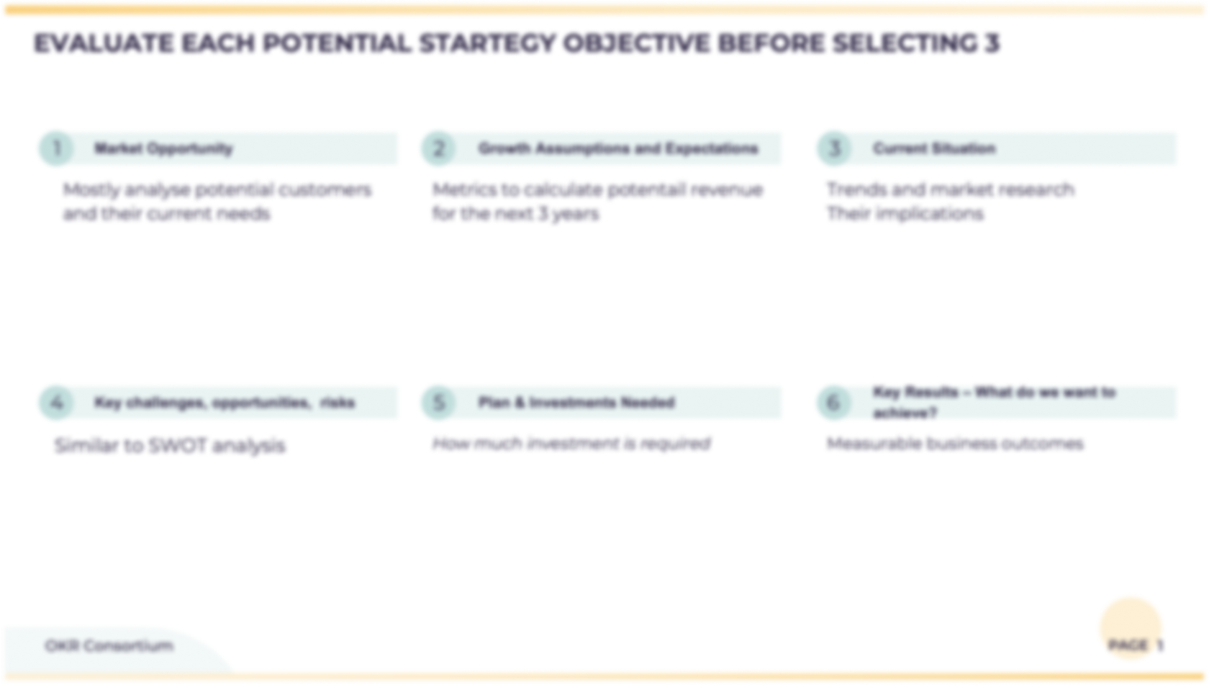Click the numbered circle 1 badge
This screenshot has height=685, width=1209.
click(56, 148)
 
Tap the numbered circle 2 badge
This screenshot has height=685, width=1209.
click(438, 148)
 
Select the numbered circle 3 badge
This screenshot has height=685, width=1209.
click(834, 148)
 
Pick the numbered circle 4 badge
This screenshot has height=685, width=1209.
click(56, 402)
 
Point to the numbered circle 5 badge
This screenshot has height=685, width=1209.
click(438, 402)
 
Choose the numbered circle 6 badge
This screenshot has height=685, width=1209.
click(834, 402)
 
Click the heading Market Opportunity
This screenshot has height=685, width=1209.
click(163, 148)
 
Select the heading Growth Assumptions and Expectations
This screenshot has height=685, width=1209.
click(617, 148)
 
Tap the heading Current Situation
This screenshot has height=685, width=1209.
click(934, 148)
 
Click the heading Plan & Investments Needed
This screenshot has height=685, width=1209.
click(576, 402)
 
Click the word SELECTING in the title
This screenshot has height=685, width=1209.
click(904, 43)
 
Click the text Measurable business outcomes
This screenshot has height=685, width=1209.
click(954, 444)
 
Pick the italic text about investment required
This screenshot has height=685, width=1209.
click(571, 444)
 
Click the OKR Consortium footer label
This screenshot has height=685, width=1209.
click(109, 645)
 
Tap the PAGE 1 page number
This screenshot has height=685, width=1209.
click(1135, 645)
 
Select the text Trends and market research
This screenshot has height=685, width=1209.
click(950, 189)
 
